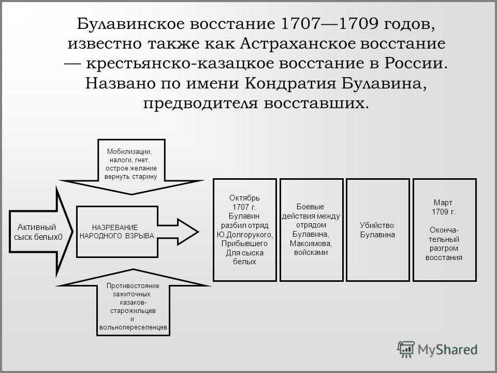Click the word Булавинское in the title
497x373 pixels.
130,24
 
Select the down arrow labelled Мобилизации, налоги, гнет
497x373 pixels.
131,166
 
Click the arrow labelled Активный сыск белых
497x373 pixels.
41,232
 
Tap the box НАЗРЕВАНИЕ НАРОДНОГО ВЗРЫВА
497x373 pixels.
118,232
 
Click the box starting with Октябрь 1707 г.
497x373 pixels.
245,230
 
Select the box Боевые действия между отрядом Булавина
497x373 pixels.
311,230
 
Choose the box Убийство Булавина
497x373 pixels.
378,230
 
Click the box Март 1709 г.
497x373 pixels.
444,230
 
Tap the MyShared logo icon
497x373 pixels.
406,349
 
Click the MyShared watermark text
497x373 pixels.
447,350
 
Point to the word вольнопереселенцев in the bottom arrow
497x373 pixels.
133,327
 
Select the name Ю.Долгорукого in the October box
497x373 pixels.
245,235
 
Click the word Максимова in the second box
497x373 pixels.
311,243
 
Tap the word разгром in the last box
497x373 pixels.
444,248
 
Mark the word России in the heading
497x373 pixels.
416,63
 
